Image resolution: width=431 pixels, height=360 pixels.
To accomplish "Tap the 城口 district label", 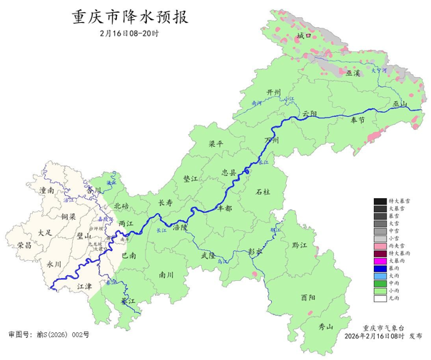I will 305,35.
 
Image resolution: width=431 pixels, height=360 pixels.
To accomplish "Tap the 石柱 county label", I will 263,192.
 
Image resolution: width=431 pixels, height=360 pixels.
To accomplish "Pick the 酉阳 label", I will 308,297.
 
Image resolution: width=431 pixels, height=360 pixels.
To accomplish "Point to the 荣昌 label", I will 24,245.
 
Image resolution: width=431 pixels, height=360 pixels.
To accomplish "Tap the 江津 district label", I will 84,286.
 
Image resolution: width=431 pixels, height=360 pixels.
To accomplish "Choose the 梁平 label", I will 216,144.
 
